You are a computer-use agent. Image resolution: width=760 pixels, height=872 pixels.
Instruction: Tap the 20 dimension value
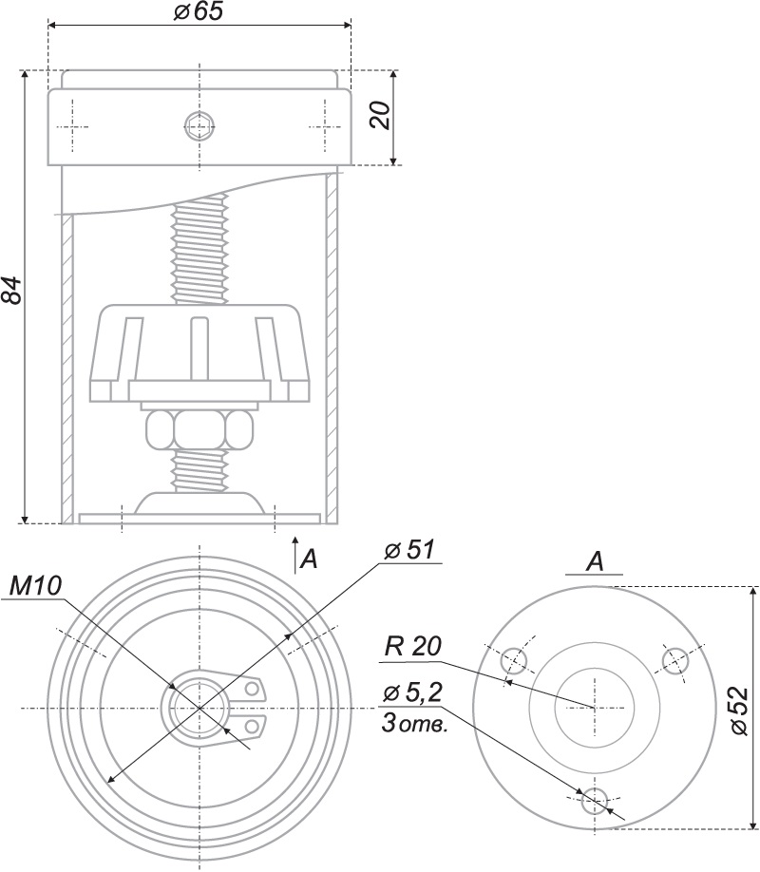[x=379, y=116]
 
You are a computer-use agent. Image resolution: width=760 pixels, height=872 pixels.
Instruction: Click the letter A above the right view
[x=595, y=562]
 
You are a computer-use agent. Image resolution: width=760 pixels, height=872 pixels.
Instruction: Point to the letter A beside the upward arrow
[x=309, y=559]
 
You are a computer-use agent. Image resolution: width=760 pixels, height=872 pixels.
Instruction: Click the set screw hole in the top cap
[x=199, y=125]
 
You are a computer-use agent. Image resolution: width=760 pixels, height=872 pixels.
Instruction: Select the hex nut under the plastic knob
[x=199, y=430]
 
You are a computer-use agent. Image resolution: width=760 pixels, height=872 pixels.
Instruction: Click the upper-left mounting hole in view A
[x=514, y=658]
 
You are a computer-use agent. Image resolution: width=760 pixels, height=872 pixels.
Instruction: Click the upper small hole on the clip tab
[x=253, y=687]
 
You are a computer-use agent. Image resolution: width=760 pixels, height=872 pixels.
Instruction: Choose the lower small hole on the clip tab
[x=253, y=726]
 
